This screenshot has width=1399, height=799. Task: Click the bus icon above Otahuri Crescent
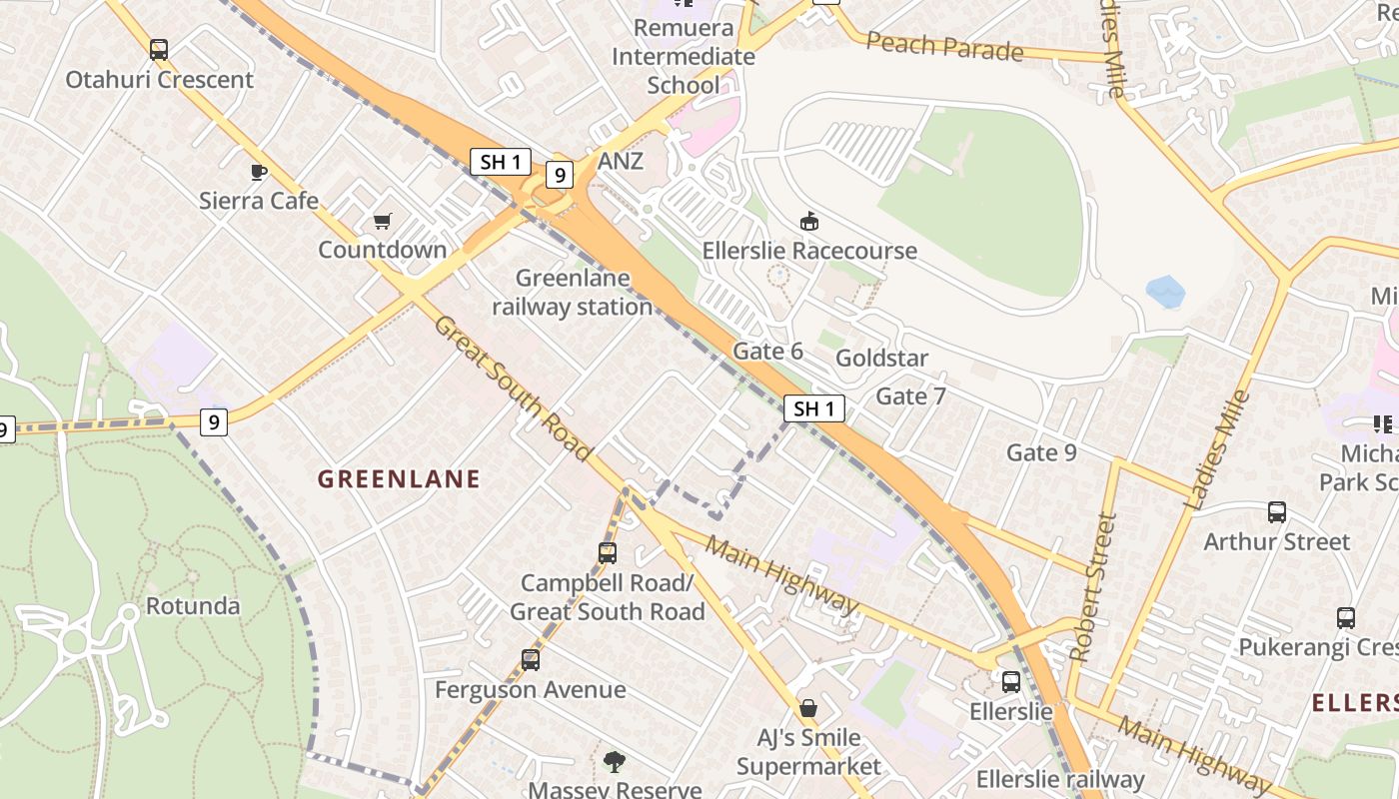click(x=159, y=49)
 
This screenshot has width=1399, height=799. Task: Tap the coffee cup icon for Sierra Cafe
click(x=259, y=172)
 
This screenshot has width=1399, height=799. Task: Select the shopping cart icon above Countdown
click(x=383, y=221)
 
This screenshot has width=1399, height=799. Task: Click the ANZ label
click(x=621, y=162)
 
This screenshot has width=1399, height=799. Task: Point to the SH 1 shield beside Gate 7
click(x=814, y=408)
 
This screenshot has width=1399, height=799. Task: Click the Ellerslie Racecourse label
click(x=809, y=250)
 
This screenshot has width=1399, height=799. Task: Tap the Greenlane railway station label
click(x=573, y=293)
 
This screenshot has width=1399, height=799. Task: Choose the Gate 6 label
click(x=767, y=351)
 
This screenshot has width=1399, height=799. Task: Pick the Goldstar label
click(x=881, y=359)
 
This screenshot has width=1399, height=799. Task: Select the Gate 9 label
click(x=1041, y=452)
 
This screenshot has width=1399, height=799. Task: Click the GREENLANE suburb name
click(x=399, y=479)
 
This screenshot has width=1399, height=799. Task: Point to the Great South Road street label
click(x=513, y=389)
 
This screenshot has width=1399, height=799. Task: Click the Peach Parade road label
click(x=944, y=46)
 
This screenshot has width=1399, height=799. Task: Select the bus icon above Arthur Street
click(x=1277, y=512)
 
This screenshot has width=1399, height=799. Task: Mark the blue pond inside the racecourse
click(x=1165, y=292)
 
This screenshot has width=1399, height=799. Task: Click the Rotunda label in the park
click(x=193, y=606)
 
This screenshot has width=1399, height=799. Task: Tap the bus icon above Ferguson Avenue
click(x=531, y=660)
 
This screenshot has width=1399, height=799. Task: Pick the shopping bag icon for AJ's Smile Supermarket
click(x=808, y=708)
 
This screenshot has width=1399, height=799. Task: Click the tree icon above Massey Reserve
click(x=615, y=762)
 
